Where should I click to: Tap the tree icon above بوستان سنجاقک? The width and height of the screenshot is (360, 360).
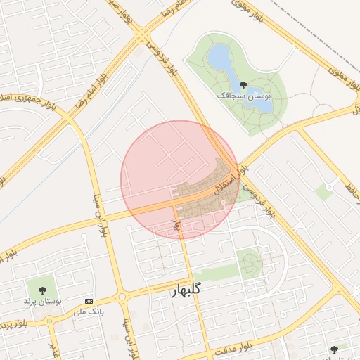click(x=243, y=84)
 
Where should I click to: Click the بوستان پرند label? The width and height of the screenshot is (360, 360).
click(x=43, y=301)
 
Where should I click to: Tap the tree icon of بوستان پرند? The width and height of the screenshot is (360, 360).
click(x=42, y=289)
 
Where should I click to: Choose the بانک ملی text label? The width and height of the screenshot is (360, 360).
click(x=89, y=311)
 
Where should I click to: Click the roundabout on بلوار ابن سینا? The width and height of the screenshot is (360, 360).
click(x=122, y=297)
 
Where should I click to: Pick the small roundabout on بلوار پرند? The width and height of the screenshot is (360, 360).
click(x=49, y=321)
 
